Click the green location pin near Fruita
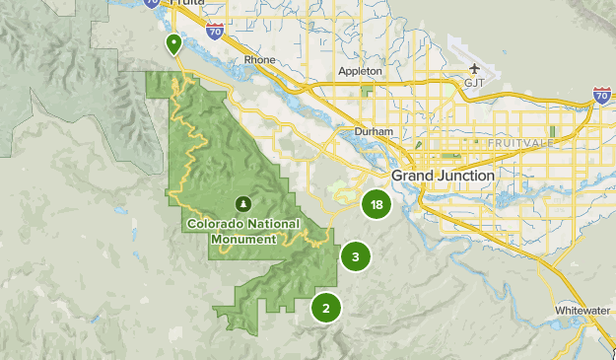coord(174,42)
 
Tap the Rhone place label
coord(259,60)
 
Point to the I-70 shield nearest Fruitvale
coord(602,96)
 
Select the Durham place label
coord(375,131)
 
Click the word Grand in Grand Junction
coord(414,176)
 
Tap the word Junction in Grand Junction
coord(467,176)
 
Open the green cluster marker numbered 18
coord(376,205)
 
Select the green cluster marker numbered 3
coord(355,257)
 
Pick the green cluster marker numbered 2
coord(325,308)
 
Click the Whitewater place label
coord(583,309)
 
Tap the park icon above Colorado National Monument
coord(242,203)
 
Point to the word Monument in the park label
coord(241,238)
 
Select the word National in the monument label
coord(270,223)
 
